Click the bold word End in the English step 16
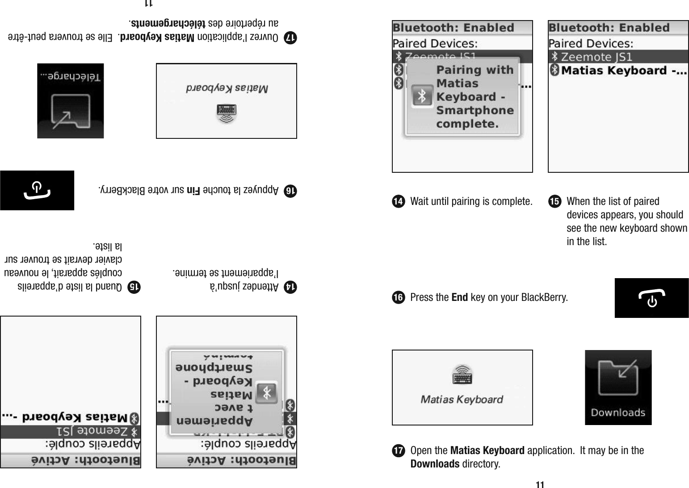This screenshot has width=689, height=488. (x=460, y=297)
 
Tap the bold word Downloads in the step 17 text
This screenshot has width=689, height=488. (x=435, y=464)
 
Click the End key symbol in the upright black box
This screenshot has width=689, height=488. (x=651, y=298)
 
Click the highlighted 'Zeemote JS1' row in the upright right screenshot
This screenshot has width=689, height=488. (x=618, y=57)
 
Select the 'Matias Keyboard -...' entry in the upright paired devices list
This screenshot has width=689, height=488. (x=623, y=71)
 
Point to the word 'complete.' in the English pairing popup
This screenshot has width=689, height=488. (x=467, y=124)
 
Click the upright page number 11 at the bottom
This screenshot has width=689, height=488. (x=540, y=484)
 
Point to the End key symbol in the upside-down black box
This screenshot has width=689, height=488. (x=37, y=190)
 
